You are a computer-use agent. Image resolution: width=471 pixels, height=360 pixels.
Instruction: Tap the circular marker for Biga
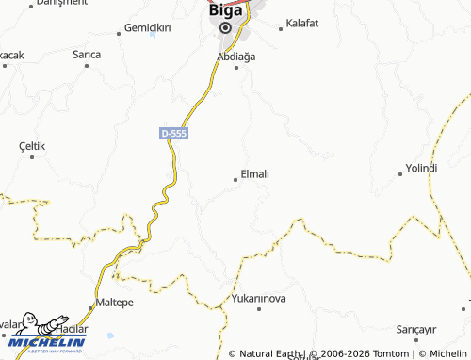(x=225, y=27)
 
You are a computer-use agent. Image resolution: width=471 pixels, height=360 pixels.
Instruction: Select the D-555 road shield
(x=174, y=134)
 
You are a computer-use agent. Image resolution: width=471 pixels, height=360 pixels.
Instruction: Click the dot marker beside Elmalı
(x=235, y=178)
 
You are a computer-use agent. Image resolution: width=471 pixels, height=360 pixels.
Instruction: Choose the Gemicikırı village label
(x=147, y=28)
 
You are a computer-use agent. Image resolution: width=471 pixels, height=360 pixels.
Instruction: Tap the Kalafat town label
(x=302, y=23)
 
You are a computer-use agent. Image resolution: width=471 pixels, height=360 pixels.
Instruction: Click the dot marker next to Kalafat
(x=281, y=29)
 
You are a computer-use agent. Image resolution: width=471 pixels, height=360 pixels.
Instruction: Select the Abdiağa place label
(x=235, y=57)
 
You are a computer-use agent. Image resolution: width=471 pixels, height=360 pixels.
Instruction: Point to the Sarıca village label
(x=87, y=55)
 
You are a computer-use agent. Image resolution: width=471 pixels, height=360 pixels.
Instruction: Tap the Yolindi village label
(x=421, y=168)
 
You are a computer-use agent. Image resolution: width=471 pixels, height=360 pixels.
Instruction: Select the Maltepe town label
(x=117, y=303)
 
